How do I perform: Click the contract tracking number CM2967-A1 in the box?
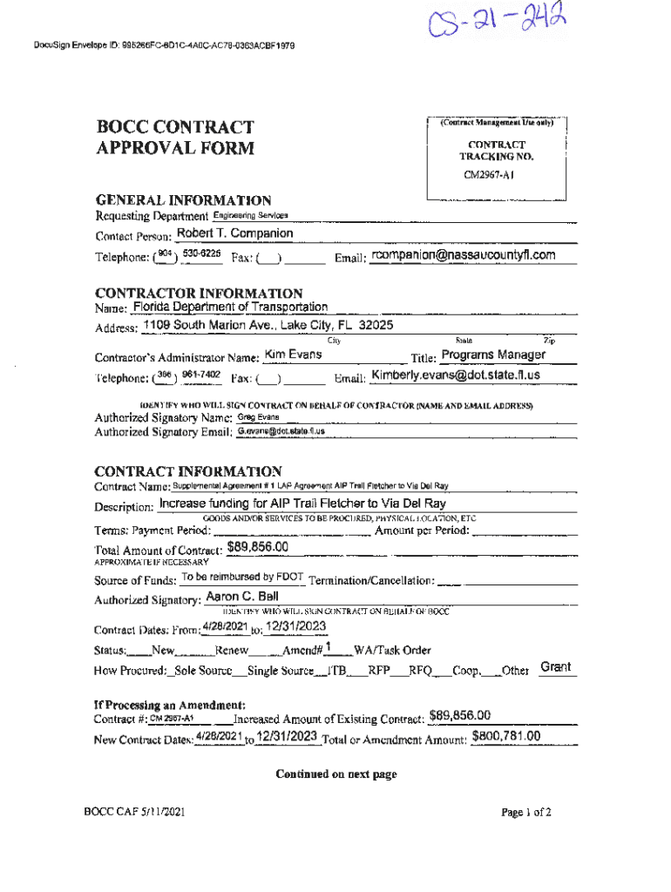coord(488,174)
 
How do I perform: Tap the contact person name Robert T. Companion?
coord(234,233)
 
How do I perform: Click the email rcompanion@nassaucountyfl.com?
coord(463,255)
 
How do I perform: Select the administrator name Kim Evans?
coord(293,355)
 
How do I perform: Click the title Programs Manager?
coord(493,355)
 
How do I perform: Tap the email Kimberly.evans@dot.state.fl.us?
coord(456,375)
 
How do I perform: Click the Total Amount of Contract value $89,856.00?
coord(257,547)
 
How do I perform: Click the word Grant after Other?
coord(555,667)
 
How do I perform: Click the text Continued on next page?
coord(335,774)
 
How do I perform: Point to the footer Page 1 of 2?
coord(525,812)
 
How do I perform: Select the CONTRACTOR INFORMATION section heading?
coord(199,294)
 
